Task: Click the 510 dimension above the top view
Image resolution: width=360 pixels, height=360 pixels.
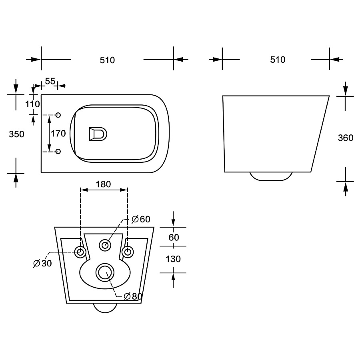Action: (107, 60)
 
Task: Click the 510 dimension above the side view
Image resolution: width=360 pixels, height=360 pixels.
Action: (278, 60)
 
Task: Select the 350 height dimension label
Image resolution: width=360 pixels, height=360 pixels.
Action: (16, 134)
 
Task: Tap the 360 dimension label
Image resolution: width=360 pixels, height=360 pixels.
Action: (346, 138)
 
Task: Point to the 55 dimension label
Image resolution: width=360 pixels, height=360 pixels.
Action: (50, 81)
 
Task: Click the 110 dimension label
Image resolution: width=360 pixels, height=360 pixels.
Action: (32, 104)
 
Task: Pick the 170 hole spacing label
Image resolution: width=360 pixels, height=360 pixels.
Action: (58, 133)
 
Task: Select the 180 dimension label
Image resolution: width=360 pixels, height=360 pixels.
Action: (103, 184)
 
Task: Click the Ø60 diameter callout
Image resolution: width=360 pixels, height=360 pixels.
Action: (141, 219)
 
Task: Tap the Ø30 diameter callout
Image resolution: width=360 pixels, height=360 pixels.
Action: (42, 263)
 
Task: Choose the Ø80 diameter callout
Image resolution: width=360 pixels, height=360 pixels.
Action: (133, 296)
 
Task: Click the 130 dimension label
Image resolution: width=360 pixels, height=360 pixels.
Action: (173, 259)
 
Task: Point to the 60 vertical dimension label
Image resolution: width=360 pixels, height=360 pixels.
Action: (174, 237)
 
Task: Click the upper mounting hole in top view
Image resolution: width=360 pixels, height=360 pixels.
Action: (58, 115)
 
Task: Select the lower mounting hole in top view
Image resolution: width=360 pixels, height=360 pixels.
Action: (58, 151)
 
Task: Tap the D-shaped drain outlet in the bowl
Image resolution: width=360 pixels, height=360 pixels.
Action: (98, 134)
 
